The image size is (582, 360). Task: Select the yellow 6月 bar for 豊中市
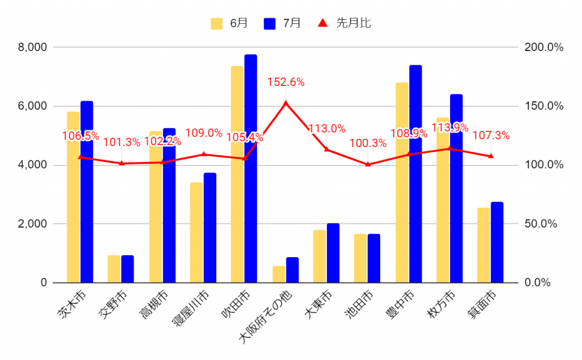[x=402, y=182]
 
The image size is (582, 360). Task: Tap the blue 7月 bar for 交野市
[x=127, y=268]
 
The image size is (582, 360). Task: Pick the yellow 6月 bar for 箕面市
[x=484, y=245]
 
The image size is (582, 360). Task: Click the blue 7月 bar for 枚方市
[x=456, y=188]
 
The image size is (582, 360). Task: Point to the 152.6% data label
[x=286, y=82]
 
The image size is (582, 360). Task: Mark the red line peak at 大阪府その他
[x=286, y=103]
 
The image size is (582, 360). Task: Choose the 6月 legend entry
[x=230, y=23]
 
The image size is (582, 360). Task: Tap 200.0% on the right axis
[x=544, y=47]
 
